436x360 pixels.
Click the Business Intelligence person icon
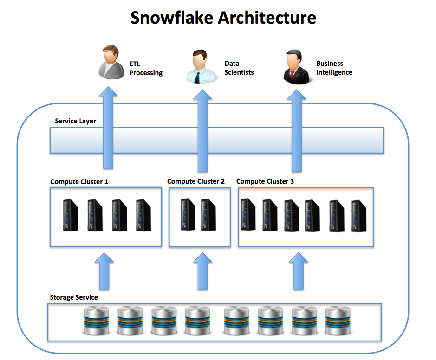[x=296, y=68]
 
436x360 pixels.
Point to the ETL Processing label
[x=146, y=68]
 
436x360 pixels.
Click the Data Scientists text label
[x=239, y=68]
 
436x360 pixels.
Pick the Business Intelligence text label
[x=334, y=68]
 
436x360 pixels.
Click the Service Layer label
[x=75, y=121]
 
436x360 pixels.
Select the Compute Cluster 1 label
[x=79, y=181]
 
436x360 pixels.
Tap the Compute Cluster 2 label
[x=195, y=181]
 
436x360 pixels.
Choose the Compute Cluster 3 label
[x=265, y=181]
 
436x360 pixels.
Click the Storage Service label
[x=74, y=297]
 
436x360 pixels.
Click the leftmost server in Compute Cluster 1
[x=71, y=215]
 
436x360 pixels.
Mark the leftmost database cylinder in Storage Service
[x=96, y=321]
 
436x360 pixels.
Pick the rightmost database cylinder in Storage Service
[x=337, y=321]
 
